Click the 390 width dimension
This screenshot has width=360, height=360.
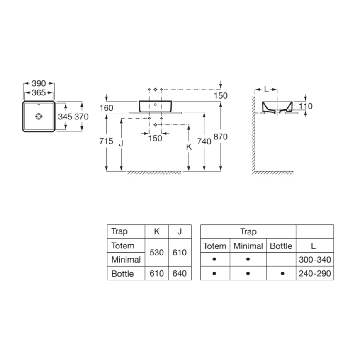39,84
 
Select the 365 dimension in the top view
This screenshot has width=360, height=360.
39,92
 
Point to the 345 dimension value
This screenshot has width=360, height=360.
65,117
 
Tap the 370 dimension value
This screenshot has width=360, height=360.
81,117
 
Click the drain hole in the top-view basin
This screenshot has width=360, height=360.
39,117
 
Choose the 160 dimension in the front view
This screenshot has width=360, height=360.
106,108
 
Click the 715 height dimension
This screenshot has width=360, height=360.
107,141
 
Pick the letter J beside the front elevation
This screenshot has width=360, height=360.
121,144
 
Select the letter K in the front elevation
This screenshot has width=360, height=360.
189,146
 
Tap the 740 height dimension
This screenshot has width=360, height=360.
204,141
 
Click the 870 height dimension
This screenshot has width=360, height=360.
221,136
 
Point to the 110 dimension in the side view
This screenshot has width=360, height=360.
306,107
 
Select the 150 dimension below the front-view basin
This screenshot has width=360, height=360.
155,139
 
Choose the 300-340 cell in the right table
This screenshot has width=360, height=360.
315,260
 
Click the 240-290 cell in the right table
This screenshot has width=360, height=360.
315,274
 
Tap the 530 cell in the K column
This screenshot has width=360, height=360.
156,253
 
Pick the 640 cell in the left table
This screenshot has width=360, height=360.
180,274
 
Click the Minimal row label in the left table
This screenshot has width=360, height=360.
126,260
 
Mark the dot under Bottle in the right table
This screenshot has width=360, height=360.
282,274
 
